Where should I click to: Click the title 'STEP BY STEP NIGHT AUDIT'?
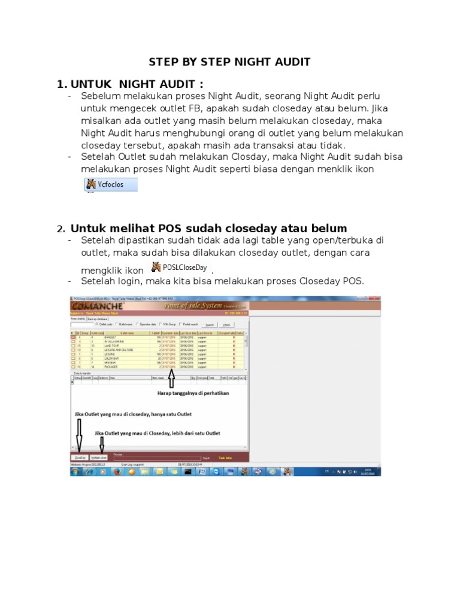[x=229, y=62]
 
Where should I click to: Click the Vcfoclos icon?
[x=111, y=184]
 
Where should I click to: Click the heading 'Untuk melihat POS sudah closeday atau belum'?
[x=208, y=228]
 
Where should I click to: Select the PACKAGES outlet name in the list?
[x=111, y=366]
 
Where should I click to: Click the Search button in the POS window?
[x=209, y=325]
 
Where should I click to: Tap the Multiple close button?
[x=100, y=456]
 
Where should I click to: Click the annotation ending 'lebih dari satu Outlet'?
[x=158, y=432]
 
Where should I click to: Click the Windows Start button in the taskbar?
[x=76, y=471]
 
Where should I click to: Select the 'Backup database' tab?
[x=98, y=319]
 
